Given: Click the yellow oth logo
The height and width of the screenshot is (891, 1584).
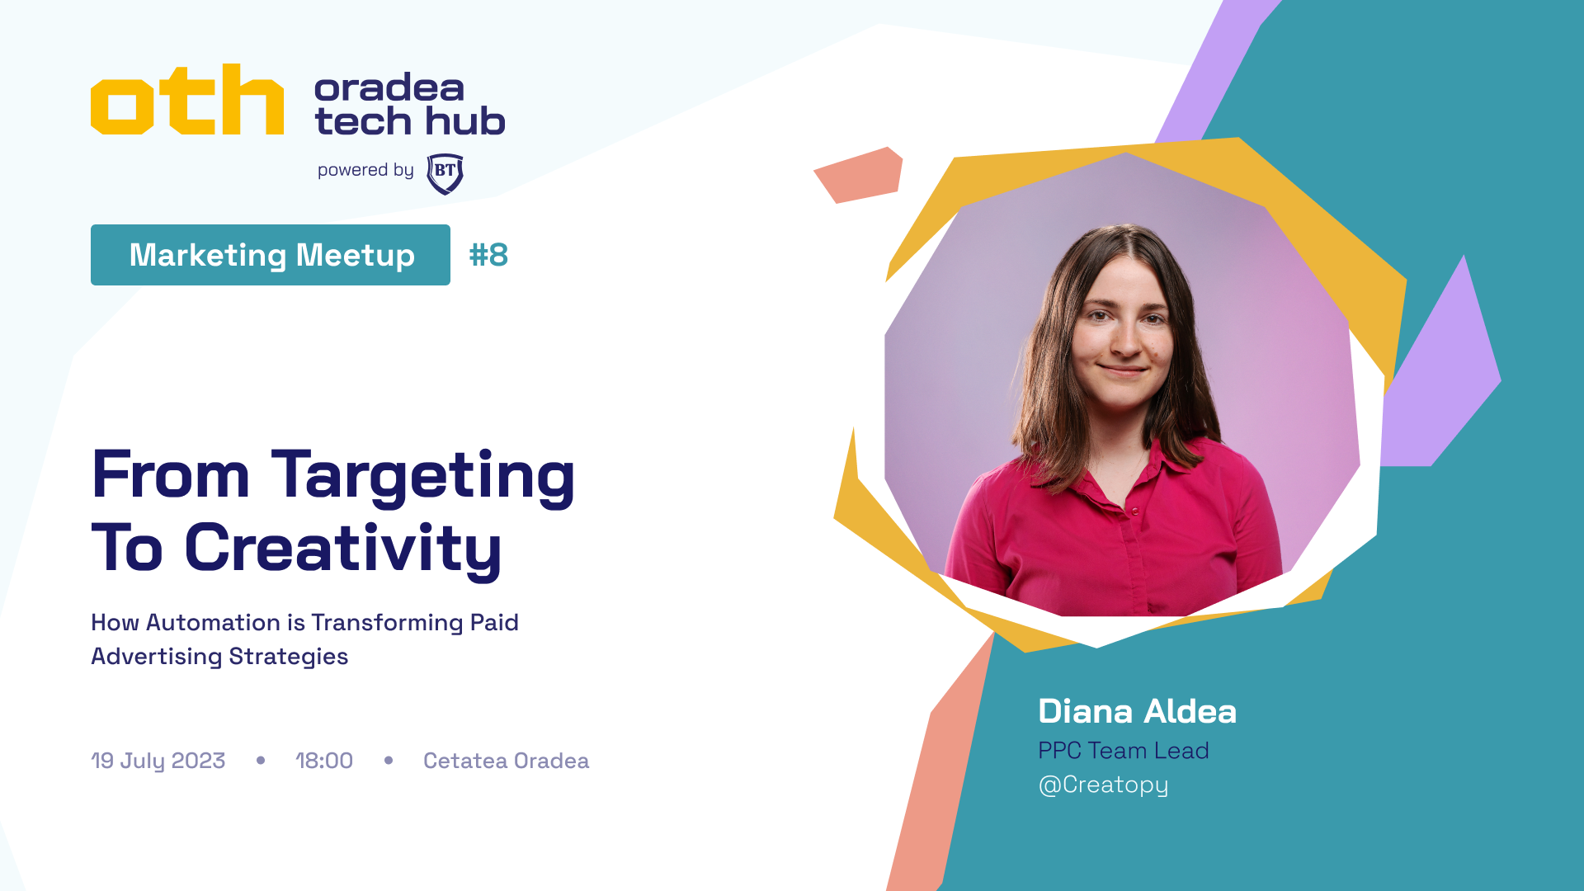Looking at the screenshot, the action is click(x=187, y=99).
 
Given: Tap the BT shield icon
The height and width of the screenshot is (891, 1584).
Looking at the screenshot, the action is click(x=445, y=173).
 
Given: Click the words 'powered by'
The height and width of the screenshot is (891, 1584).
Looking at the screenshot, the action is click(x=365, y=171).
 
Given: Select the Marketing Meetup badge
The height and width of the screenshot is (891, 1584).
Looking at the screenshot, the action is click(x=271, y=255).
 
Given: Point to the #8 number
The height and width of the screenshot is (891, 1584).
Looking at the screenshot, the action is click(x=488, y=255).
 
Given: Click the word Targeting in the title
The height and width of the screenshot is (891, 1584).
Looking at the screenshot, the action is click(x=423, y=478).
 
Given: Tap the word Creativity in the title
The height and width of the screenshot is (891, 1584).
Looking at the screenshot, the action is click(x=342, y=549).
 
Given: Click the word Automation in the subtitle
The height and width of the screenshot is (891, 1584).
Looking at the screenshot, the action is click(x=214, y=622).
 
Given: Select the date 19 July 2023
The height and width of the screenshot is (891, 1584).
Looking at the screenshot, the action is click(x=158, y=761).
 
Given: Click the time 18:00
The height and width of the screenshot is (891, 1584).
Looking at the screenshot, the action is click(x=324, y=761).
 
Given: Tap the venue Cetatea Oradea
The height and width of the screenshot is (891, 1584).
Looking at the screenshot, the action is click(x=507, y=761).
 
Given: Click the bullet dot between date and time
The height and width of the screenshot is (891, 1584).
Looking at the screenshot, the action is click(x=261, y=761).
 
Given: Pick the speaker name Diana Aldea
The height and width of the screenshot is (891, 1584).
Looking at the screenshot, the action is click(x=1138, y=711).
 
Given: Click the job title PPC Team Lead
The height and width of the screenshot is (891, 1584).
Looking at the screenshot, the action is click(x=1124, y=751).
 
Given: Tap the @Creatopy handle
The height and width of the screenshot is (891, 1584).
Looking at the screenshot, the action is click(x=1103, y=785).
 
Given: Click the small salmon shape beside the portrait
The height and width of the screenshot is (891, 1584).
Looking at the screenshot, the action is click(x=859, y=175).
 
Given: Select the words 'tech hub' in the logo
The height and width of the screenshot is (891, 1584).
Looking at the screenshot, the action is click(x=410, y=122).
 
